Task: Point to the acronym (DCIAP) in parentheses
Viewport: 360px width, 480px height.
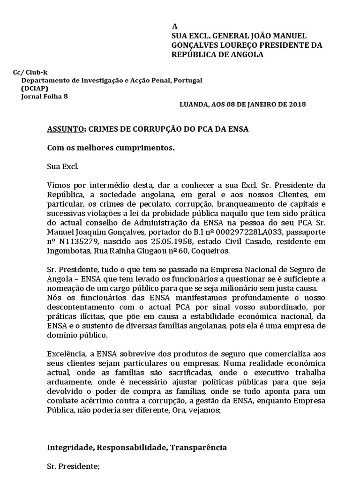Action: (x=34, y=88)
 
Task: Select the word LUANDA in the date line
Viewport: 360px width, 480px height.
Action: (x=193, y=105)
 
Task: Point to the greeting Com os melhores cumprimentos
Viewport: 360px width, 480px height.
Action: (x=111, y=148)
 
